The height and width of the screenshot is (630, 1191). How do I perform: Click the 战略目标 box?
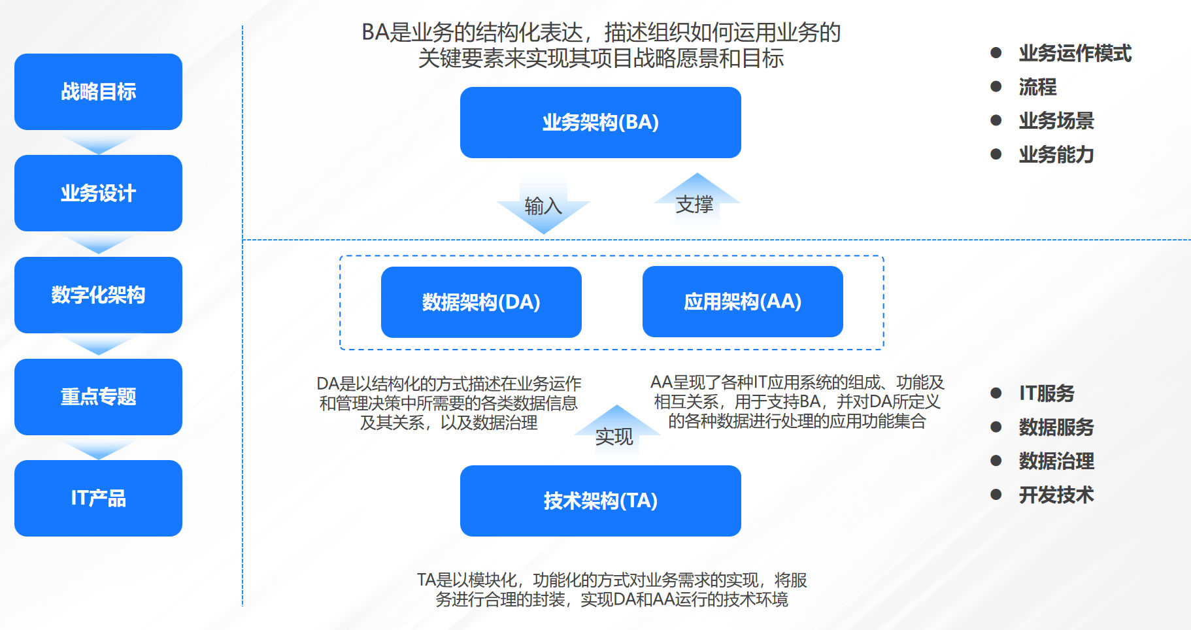point(98,91)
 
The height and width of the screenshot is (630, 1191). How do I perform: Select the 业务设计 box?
point(98,193)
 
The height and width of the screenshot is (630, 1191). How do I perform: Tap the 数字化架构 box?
point(98,295)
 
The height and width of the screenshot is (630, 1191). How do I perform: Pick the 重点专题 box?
point(98,397)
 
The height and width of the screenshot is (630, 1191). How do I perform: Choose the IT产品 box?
point(98,498)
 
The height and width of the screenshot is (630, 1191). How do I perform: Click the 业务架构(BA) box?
point(600,122)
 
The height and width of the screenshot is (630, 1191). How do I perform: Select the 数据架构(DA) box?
point(481,302)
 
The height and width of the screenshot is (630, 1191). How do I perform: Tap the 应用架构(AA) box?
point(743,301)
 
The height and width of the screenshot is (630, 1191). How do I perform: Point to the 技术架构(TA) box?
point(600,501)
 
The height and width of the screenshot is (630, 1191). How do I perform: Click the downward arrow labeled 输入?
point(543,207)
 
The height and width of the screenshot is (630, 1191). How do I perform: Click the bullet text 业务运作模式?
point(1075,53)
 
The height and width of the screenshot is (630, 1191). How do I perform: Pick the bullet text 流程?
point(1037,87)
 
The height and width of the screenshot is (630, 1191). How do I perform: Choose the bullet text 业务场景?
point(1056,120)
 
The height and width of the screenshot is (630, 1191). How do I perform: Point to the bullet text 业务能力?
point(1056,154)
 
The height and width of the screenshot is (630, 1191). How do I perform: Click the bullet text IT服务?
point(1047,393)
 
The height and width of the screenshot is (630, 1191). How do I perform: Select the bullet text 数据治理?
point(1056,461)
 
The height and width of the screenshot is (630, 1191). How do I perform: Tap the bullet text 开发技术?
point(1056,495)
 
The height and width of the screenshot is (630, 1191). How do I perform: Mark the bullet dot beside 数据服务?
point(996,427)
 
